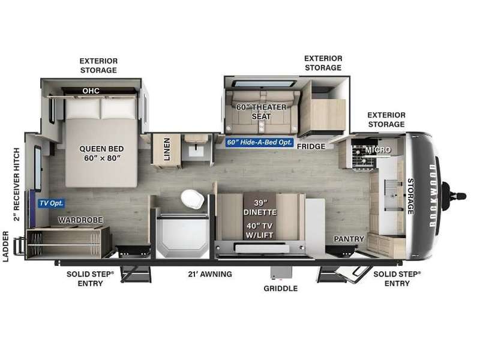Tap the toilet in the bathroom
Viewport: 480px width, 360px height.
192,199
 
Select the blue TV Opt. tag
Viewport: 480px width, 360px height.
52,203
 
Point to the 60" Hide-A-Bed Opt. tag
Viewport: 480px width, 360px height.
259,142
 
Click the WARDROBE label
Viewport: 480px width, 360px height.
80,220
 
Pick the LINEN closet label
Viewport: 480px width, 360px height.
167,149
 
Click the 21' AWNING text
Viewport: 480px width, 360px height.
210,274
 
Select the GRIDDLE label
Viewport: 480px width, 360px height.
280,289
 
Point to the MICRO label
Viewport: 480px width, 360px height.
378,149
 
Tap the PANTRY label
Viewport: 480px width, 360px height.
349,239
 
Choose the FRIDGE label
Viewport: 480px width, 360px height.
311,146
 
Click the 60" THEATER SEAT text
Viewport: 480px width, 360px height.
261,112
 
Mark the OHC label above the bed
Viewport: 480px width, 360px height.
91,91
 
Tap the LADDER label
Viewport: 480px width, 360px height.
6,247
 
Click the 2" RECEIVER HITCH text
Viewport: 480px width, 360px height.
16,184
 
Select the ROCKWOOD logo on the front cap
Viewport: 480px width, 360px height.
432,196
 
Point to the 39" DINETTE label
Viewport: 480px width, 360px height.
260,208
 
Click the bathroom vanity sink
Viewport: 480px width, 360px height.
194,151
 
